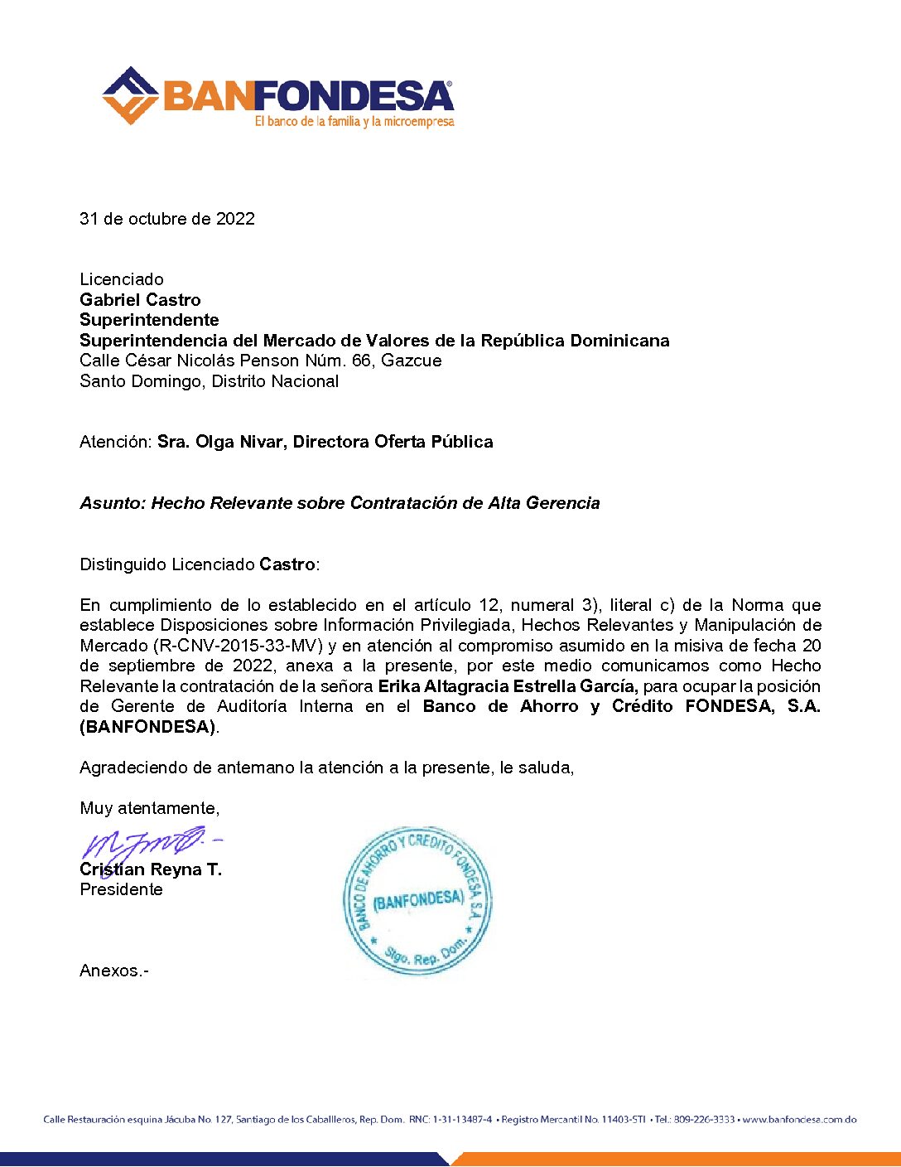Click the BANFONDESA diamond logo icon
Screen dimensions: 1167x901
(x=130, y=95)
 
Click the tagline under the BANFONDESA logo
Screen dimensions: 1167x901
(x=354, y=122)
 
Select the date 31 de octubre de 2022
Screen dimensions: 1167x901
(x=167, y=219)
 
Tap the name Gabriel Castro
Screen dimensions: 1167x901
(x=140, y=300)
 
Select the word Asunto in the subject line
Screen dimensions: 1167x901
(x=112, y=503)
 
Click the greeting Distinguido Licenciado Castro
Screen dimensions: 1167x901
(x=200, y=564)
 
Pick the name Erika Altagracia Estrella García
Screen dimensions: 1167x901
(x=508, y=686)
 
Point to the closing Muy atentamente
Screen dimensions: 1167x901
(x=149, y=808)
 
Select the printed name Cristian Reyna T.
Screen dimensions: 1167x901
(x=151, y=869)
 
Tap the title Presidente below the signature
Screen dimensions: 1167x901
(x=121, y=889)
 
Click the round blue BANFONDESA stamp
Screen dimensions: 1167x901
(x=417, y=900)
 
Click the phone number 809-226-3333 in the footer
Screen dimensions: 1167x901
(x=704, y=1120)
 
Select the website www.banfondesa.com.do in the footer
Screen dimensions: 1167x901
(x=799, y=1120)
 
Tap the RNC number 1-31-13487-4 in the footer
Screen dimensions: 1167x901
(x=462, y=1120)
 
